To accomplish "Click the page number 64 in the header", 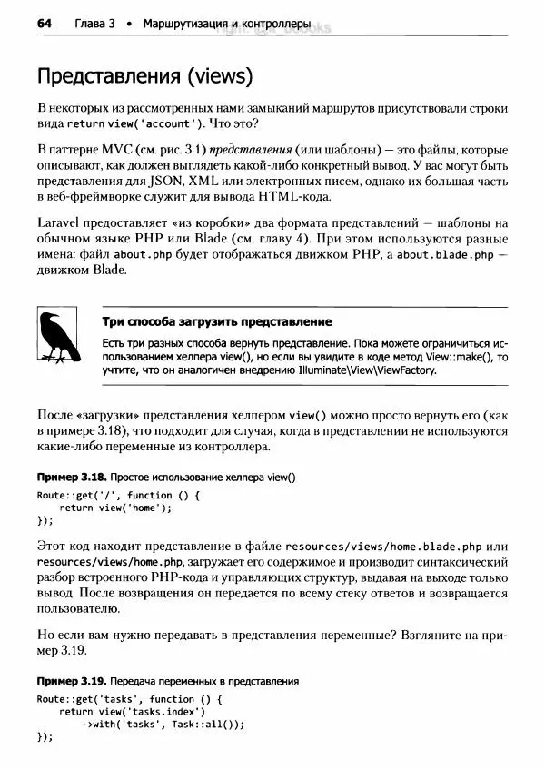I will (x=45, y=22).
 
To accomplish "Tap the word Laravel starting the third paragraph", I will (x=60, y=222).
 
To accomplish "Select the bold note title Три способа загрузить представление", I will (x=216, y=322).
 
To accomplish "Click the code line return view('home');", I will (x=115, y=508).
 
